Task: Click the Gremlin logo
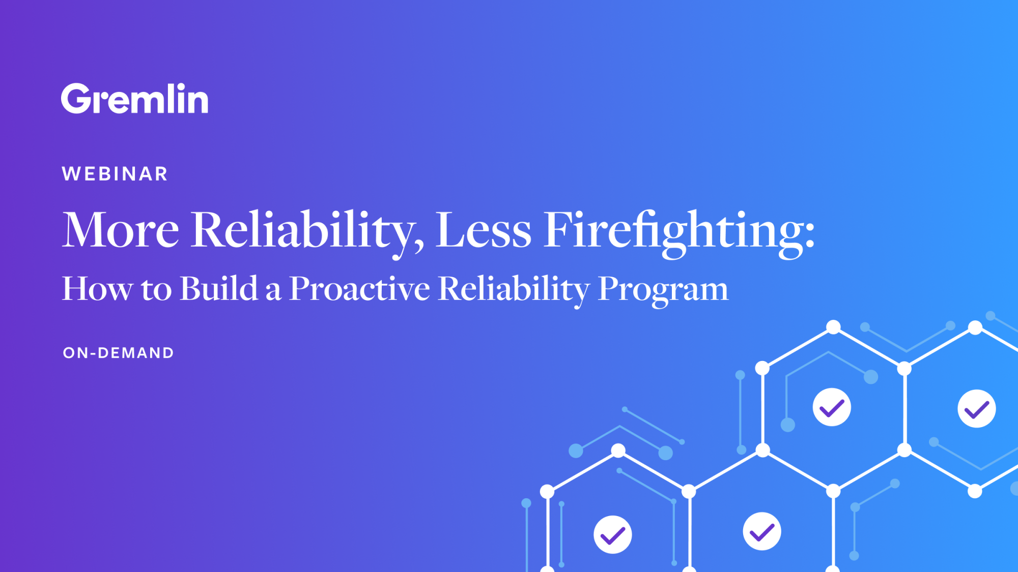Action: pos(134,99)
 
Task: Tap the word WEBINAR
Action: pos(115,174)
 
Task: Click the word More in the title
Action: pos(120,230)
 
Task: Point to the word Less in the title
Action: pos(483,230)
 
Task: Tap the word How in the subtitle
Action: pos(97,289)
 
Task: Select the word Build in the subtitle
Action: pos(219,288)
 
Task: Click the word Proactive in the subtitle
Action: pos(359,288)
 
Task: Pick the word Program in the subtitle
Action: pos(663,289)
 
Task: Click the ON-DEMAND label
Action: pos(118,353)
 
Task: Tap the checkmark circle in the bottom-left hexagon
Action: pos(613,534)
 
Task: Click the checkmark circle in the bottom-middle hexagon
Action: pos(762,532)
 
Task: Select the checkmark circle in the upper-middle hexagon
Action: pos(832,407)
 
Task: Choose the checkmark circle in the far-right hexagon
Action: pos(977,409)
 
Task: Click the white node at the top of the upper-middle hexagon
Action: pos(833,327)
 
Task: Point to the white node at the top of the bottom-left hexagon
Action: pos(618,450)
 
